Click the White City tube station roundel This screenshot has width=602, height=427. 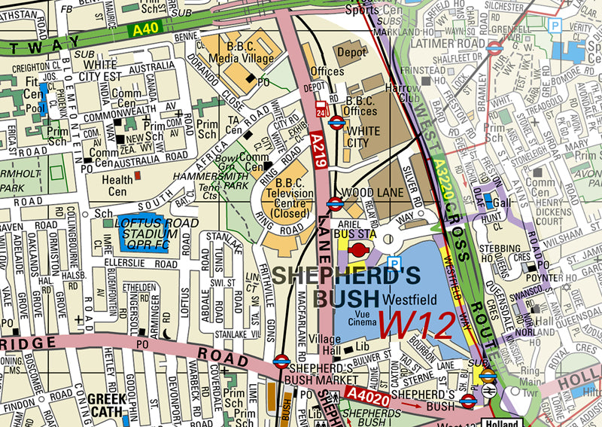(x=337, y=121)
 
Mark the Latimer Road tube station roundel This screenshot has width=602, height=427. (x=494, y=47)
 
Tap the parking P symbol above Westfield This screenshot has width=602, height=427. (x=393, y=263)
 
